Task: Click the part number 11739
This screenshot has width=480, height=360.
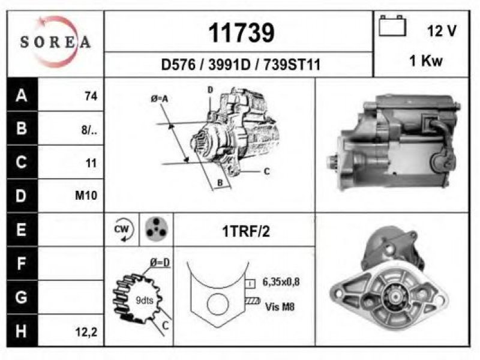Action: pyautogui.click(x=241, y=33)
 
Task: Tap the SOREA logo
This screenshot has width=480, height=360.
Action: pyautogui.click(x=55, y=42)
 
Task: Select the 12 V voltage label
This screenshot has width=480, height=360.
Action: pyautogui.click(x=442, y=31)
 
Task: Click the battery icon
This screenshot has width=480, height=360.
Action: pyautogui.click(x=392, y=26)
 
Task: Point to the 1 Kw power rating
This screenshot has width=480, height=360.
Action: pyautogui.click(x=426, y=61)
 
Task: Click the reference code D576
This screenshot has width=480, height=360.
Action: pyautogui.click(x=178, y=65)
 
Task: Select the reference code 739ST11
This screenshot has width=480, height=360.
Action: pyautogui.click(x=292, y=65)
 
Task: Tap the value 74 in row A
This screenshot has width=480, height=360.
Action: pyautogui.click(x=91, y=96)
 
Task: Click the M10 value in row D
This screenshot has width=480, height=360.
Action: pyautogui.click(x=86, y=196)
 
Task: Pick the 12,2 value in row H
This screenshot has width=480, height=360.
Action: pyautogui.click(x=86, y=332)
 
